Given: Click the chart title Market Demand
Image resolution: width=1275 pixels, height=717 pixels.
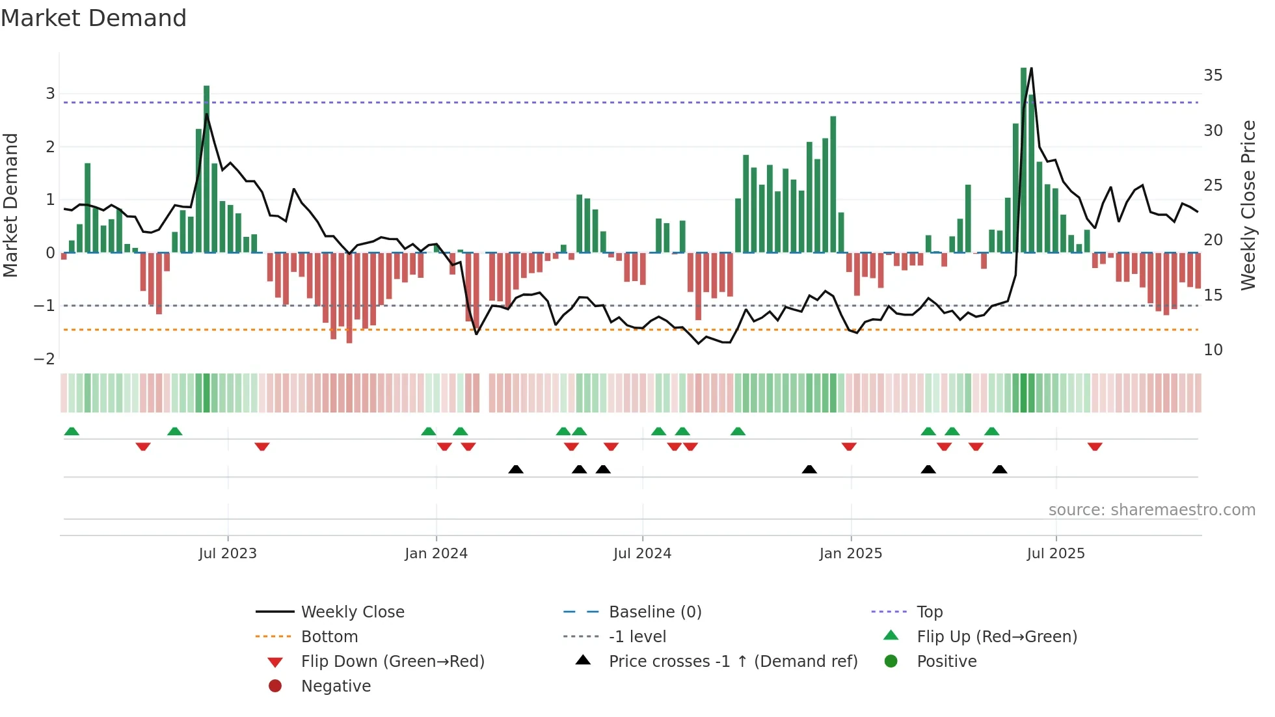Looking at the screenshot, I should [x=94, y=18].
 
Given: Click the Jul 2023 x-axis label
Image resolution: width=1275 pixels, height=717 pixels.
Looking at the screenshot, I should [x=228, y=554].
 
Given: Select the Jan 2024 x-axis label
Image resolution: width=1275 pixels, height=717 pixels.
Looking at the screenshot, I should [x=436, y=554].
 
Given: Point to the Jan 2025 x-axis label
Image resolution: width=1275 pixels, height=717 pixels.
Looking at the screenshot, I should [x=850, y=554].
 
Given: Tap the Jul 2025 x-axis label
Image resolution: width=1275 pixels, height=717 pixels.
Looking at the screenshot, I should [x=1056, y=554].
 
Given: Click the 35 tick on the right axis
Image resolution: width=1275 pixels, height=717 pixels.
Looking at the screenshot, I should [x=1213, y=75].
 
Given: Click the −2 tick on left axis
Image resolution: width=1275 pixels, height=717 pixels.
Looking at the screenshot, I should [x=44, y=359].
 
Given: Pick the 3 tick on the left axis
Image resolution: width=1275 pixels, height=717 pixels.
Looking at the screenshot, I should [x=50, y=94].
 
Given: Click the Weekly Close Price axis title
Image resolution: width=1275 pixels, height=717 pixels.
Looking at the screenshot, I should [x=1248, y=205].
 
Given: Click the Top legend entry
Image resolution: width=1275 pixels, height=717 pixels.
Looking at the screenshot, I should [x=930, y=612].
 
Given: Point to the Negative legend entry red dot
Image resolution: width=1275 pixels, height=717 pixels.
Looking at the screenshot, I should [x=275, y=686].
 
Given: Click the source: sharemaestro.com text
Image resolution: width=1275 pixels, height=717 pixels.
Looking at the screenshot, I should [x=1151, y=510].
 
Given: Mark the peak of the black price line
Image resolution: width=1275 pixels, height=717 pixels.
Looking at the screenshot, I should [x=1031, y=68].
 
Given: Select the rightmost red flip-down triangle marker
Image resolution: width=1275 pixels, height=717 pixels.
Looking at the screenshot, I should [x=1095, y=447].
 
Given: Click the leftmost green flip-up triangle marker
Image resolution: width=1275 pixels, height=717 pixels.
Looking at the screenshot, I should [x=72, y=431].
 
